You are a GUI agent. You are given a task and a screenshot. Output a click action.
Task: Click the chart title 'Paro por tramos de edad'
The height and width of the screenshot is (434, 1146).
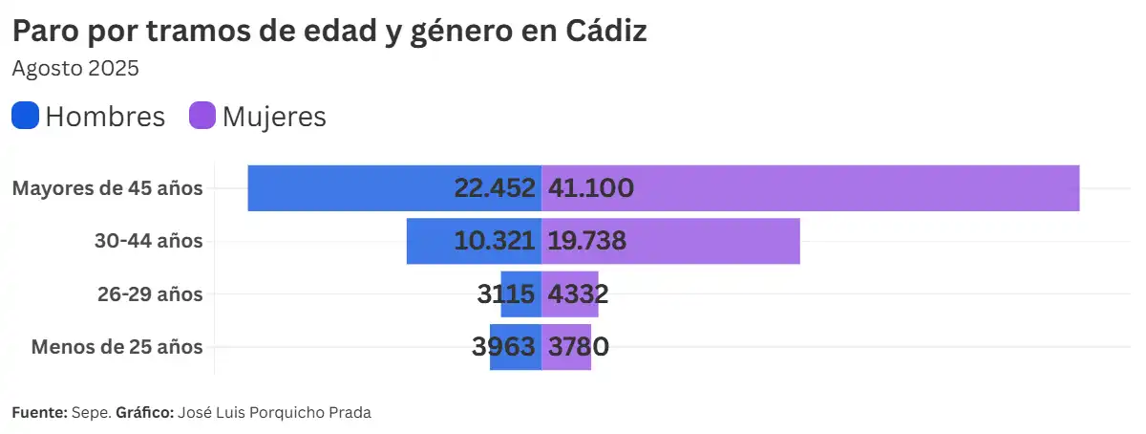329,32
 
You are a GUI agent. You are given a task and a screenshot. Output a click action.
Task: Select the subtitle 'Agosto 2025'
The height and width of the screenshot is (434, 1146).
75,69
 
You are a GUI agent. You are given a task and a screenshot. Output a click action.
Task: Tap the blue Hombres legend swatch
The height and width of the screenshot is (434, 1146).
26,116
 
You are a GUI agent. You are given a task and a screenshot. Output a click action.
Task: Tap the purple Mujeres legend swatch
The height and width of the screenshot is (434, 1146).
203,116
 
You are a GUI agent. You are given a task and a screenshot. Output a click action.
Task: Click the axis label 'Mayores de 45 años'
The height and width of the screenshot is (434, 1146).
107,188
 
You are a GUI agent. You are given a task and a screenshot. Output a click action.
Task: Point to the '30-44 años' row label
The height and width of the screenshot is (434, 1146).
148,241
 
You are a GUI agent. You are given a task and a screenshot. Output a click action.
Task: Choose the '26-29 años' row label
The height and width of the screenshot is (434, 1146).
149,294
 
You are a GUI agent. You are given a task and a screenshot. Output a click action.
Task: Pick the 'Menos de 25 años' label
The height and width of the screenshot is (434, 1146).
117,347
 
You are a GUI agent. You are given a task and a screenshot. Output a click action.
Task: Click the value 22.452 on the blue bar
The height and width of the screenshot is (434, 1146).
495,188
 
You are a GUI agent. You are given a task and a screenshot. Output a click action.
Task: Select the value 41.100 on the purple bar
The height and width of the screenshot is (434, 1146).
590,188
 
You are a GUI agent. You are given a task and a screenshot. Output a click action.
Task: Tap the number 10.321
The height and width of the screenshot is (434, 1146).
495,241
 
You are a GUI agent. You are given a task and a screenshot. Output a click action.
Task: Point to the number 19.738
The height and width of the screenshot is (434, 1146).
586,241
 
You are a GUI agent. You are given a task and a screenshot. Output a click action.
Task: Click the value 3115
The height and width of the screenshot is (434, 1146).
506,294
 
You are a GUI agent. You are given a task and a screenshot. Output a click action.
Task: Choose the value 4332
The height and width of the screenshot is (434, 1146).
578,294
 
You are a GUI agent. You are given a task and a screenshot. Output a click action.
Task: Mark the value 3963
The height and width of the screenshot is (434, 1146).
503,347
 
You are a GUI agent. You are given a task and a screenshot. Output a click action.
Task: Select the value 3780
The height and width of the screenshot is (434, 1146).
578,347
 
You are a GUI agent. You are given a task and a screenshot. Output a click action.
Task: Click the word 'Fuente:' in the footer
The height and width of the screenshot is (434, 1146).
39,413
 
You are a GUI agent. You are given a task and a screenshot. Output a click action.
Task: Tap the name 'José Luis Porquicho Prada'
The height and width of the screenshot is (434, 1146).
273,413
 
